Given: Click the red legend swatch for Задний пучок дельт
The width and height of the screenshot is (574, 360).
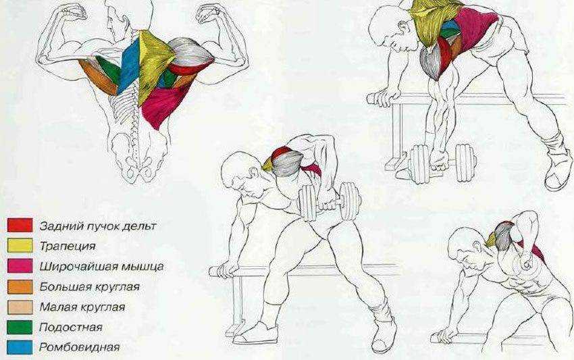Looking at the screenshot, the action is point(20,225).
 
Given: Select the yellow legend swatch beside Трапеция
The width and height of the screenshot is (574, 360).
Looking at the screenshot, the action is point(20,245).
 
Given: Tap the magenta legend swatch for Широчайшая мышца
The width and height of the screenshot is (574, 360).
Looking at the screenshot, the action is point(20,265).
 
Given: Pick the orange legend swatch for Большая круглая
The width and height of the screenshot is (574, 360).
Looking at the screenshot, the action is point(20,287).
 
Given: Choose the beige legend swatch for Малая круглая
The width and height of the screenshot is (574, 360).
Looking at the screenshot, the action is point(20,307).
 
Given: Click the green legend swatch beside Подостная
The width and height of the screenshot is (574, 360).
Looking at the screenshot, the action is point(20,327).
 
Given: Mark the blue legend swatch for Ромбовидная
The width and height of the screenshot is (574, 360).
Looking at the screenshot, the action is point(20,347).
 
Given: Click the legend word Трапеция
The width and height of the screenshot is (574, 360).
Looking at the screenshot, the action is point(68,246).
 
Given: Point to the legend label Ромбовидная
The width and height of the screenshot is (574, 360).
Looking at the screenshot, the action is point(80,347).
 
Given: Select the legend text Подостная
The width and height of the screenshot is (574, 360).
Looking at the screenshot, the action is point(71,327).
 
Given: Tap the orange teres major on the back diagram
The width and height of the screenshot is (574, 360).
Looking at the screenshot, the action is point(98,77).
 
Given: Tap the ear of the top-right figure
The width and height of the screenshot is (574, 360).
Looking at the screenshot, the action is point(404,27).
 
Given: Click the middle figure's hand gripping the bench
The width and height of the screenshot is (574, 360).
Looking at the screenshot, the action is point(226,270).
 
